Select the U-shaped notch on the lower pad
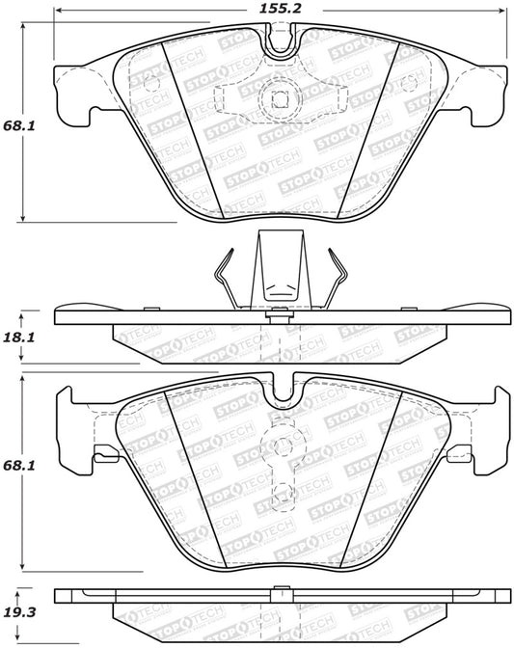coord(284,391)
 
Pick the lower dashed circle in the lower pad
coord(283,496)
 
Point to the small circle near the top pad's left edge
coord(149,83)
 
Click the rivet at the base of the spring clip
coord(279,310)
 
